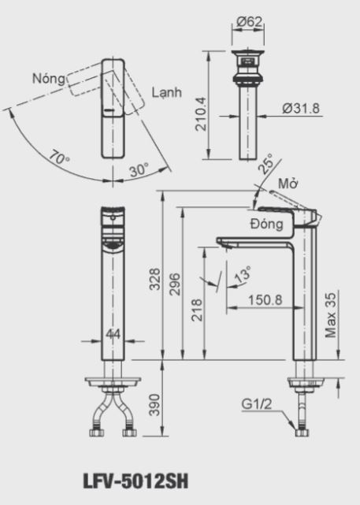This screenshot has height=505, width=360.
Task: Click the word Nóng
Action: point(49,78)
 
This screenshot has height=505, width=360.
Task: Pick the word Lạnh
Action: point(167,92)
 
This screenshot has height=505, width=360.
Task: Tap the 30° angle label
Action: point(139,169)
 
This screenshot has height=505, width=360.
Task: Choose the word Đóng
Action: point(265,225)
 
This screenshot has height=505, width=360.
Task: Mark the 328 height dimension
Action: point(154,280)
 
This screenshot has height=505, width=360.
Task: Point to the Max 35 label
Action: point(332,315)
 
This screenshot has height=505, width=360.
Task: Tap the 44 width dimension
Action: point(113,335)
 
